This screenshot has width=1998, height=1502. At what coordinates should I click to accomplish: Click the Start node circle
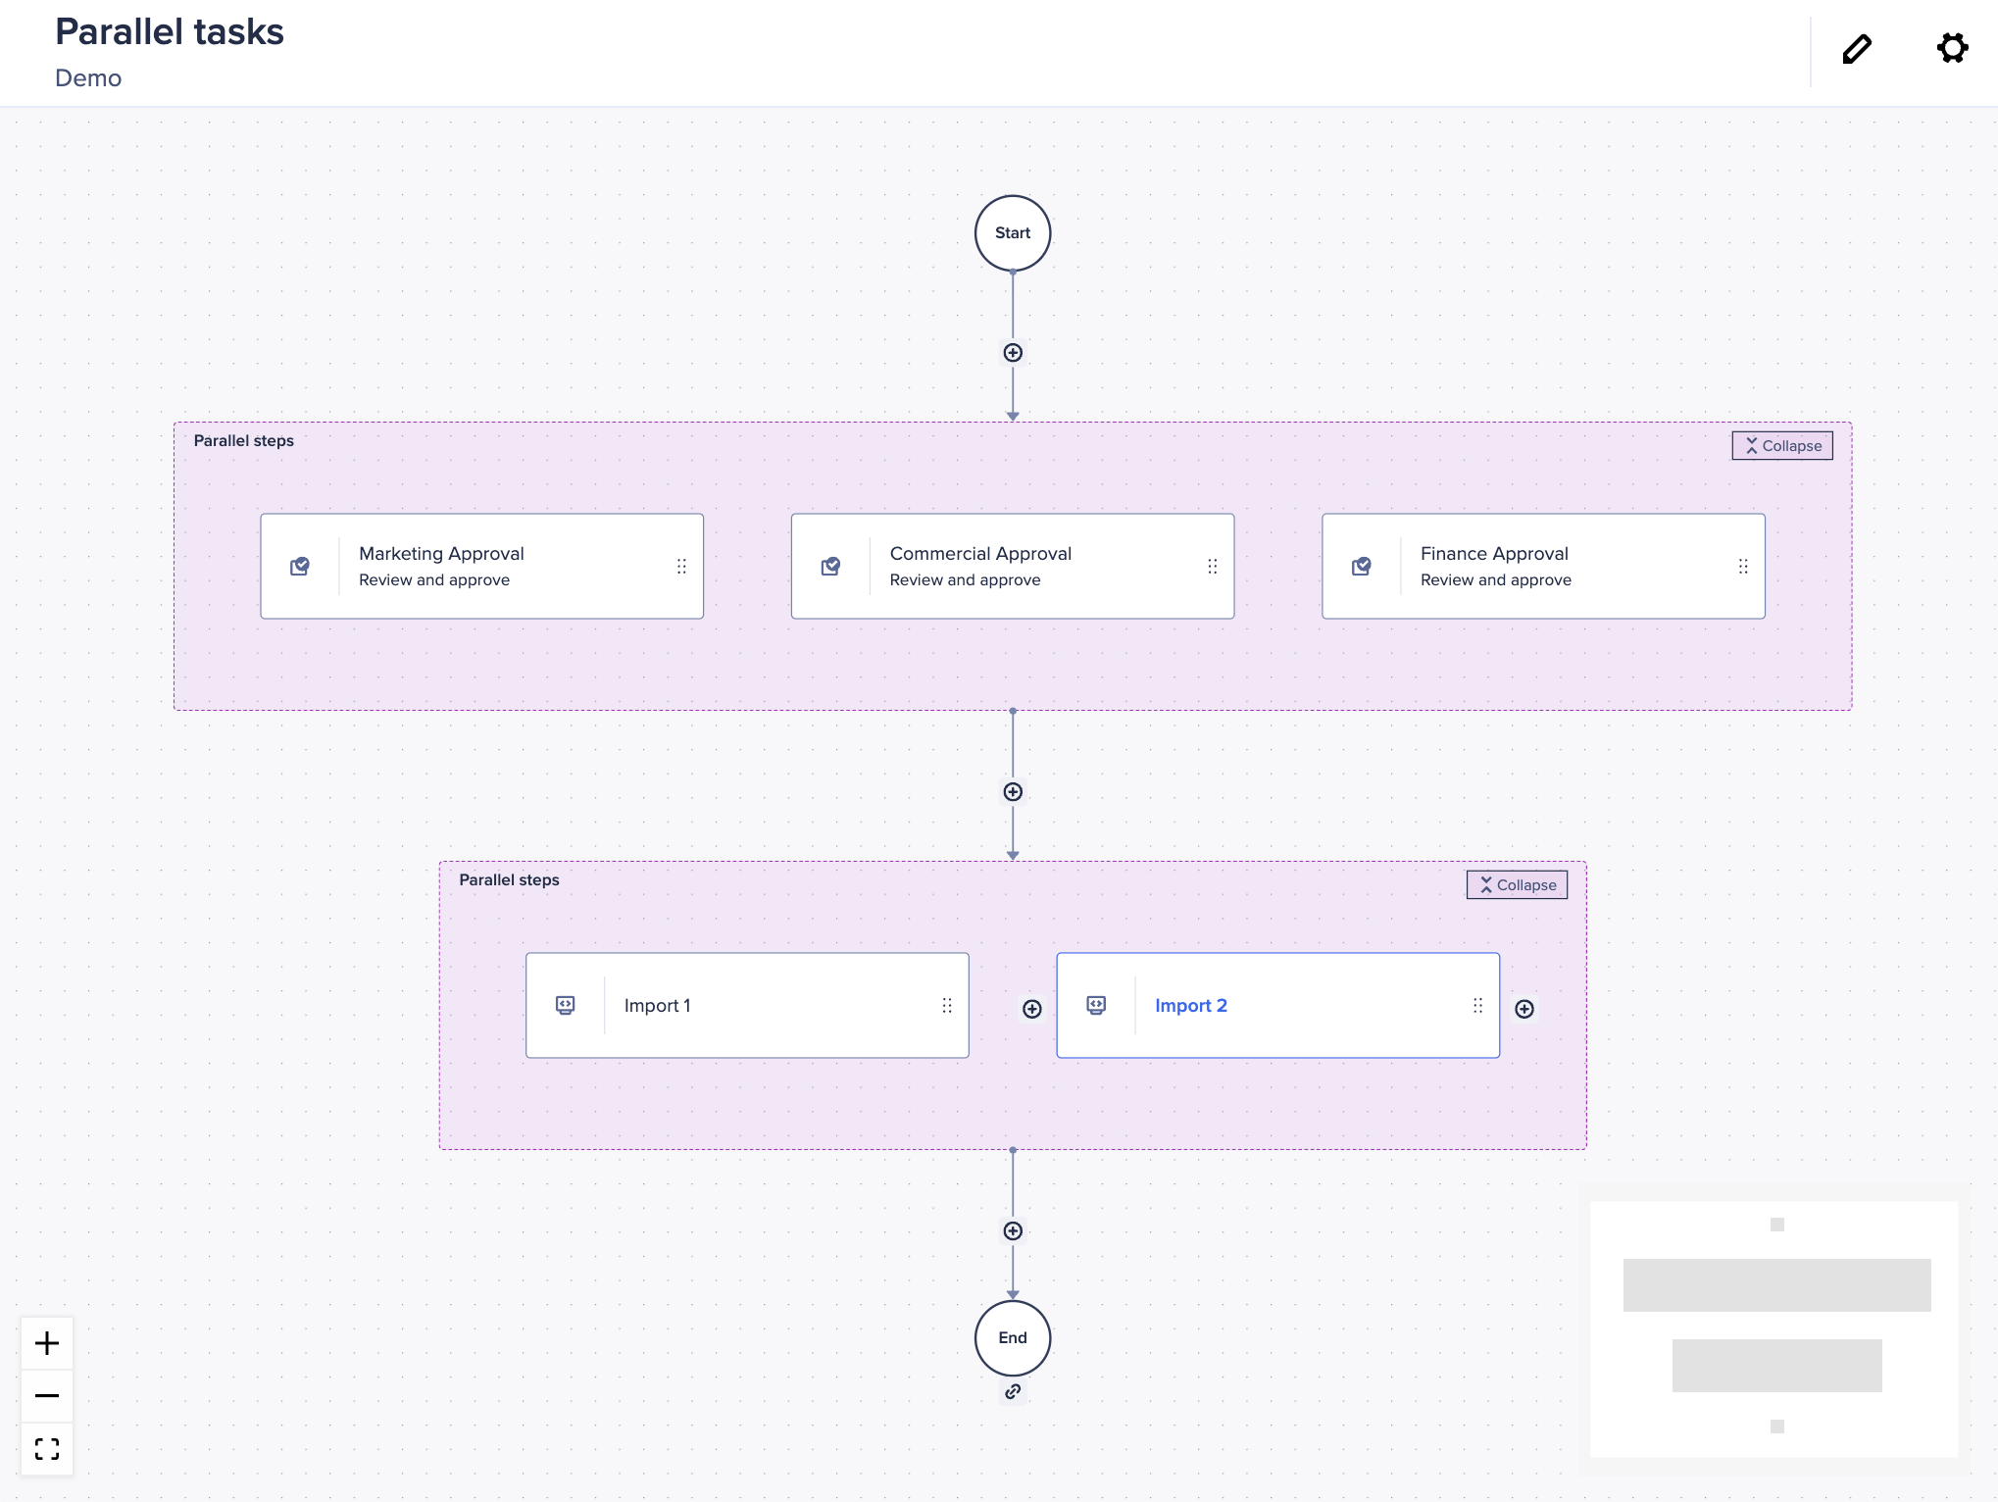tap(1013, 233)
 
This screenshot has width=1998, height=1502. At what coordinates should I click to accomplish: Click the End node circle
tap(1013, 1337)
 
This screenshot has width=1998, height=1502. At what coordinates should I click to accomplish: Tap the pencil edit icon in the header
tap(1857, 49)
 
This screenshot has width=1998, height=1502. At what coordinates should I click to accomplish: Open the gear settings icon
tap(1952, 48)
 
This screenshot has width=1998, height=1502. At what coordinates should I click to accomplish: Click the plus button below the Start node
tap(1013, 353)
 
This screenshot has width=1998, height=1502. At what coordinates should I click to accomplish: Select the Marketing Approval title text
tap(441, 554)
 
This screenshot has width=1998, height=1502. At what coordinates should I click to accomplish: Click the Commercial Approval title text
tap(980, 554)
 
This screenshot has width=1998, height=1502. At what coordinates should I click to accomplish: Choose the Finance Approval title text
tap(1494, 554)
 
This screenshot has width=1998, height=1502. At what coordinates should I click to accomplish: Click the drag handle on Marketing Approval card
tap(681, 567)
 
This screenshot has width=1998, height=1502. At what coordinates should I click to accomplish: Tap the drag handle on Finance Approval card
tap(1743, 567)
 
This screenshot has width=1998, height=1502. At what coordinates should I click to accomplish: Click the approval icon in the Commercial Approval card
tap(830, 567)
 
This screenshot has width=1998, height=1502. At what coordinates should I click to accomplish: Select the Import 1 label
tap(657, 1006)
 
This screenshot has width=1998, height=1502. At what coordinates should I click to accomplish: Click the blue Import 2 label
tap(1190, 1006)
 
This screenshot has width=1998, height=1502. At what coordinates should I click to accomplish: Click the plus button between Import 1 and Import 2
tap(1032, 1009)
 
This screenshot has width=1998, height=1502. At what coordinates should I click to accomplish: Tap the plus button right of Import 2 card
tap(1524, 1009)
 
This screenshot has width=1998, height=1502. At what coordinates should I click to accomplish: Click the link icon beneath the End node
tap(1013, 1392)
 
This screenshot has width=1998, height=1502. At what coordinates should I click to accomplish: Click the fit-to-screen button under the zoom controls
tap(47, 1449)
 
